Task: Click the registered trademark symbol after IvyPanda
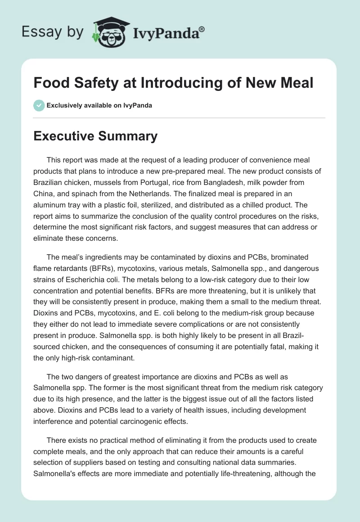(x=202, y=29)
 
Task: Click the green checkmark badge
(x=39, y=105)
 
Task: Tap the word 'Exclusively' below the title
(x=64, y=106)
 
